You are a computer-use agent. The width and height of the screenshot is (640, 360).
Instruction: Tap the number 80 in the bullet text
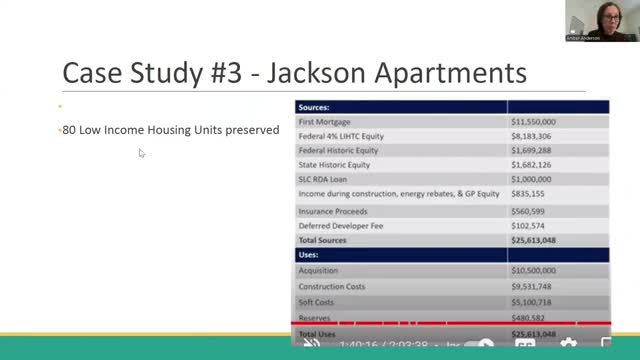tap(69, 130)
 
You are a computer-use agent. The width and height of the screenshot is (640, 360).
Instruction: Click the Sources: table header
tap(315, 106)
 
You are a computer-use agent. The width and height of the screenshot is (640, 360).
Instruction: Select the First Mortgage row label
tap(325, 121)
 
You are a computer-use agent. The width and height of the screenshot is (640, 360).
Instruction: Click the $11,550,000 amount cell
tap(533, 121)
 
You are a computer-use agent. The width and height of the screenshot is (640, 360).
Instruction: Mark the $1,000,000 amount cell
tap(531, 179)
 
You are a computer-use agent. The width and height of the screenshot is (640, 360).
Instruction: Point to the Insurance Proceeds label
tap(332, 211)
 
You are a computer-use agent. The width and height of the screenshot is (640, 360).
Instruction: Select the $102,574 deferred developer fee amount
tap(527, 226)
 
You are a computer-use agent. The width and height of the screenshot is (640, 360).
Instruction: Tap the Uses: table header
tap(309, 255)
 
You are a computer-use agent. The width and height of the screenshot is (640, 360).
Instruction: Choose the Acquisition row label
tap(318, 270)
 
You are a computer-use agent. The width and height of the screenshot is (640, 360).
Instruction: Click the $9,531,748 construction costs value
tap(531, 286)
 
